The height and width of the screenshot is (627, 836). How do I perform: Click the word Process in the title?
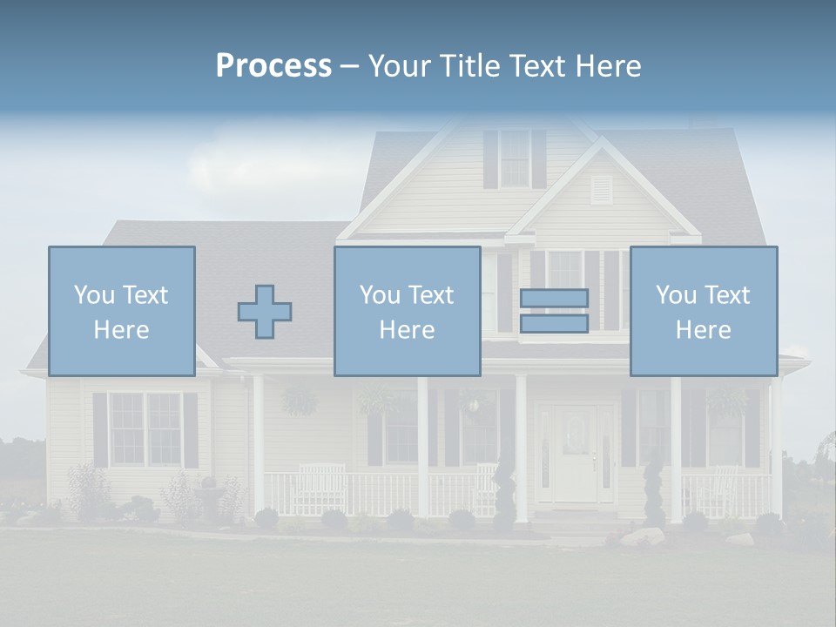pyautogui.click(x=273, y=66)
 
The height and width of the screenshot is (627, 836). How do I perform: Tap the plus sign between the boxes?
pyautogui.click(x=265, y=312)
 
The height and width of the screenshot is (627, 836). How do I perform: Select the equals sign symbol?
pyautogui.click(x=554, y=311)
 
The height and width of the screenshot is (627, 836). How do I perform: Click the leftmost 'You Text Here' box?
pyautogui.click(x=122, y=312)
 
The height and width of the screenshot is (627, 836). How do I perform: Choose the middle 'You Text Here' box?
pyautogui.click(x=407, y=312)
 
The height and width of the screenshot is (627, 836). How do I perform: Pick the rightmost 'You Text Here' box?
pyautogui.click(x=703, y=312)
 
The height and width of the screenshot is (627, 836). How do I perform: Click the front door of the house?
pyautogui.click(x=577, y=453)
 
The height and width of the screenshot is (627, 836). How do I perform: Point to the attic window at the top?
pyautogui.click(x=514, y=158)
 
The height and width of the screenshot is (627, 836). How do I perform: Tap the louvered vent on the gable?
pyautogui.click(x=601, y=190)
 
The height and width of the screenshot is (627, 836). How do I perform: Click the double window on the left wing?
pyautogui.click(x=145, y=428)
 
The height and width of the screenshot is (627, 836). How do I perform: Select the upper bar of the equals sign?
pyautogui.click(x=554, y=298)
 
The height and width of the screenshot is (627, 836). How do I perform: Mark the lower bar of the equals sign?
pyautogui.click(x=554, y=323)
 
